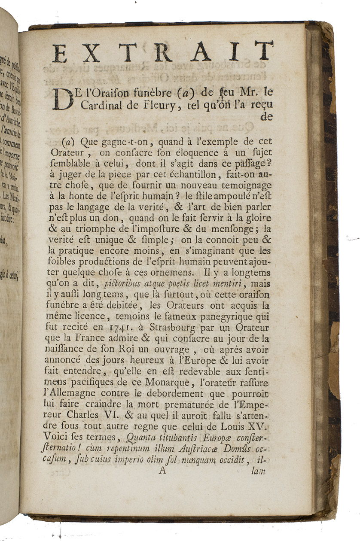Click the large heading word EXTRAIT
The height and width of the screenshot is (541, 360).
tap(162, 52)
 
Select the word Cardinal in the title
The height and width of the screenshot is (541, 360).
tap(93, 104)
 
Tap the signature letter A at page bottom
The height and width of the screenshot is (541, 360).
tap(162, 470)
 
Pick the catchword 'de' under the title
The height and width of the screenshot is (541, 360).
tap(266, 117)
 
